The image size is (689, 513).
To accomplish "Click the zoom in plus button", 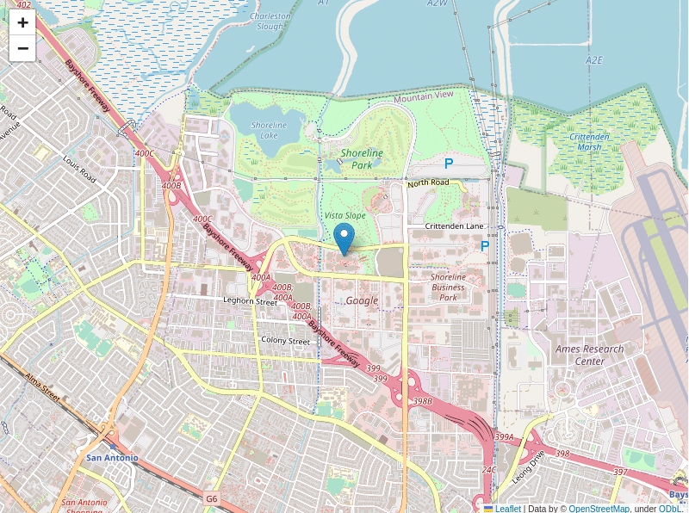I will (x=22, y=23).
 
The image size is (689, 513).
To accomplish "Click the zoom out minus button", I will (x=22, y=48).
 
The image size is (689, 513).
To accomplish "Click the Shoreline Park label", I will (x=362, y=158).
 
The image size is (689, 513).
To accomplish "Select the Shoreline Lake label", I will (x=269, y=130).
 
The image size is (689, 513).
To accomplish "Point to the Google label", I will (x=362, y=300).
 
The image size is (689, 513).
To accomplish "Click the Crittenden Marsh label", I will (x=590, y=141).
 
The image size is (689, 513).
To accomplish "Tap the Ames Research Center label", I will (x=590, y=355).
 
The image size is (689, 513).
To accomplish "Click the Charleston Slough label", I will (x=270, y=21).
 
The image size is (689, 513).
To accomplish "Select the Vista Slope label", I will (x=344, y=215).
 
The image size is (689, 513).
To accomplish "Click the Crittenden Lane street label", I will (x=454, y=226).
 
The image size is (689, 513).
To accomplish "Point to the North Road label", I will (x=429, y=182).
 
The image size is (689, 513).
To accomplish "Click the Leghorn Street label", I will (x=250, y=301).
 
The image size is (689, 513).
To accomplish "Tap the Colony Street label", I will (x=285, y=341).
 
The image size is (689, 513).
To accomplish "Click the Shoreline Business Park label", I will (x=448, y=287).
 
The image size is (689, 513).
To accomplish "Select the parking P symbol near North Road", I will (x=448, y=163).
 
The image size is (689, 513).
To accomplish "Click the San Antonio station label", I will (x=112, y=457).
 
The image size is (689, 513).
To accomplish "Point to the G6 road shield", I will (x=212, y=498).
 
